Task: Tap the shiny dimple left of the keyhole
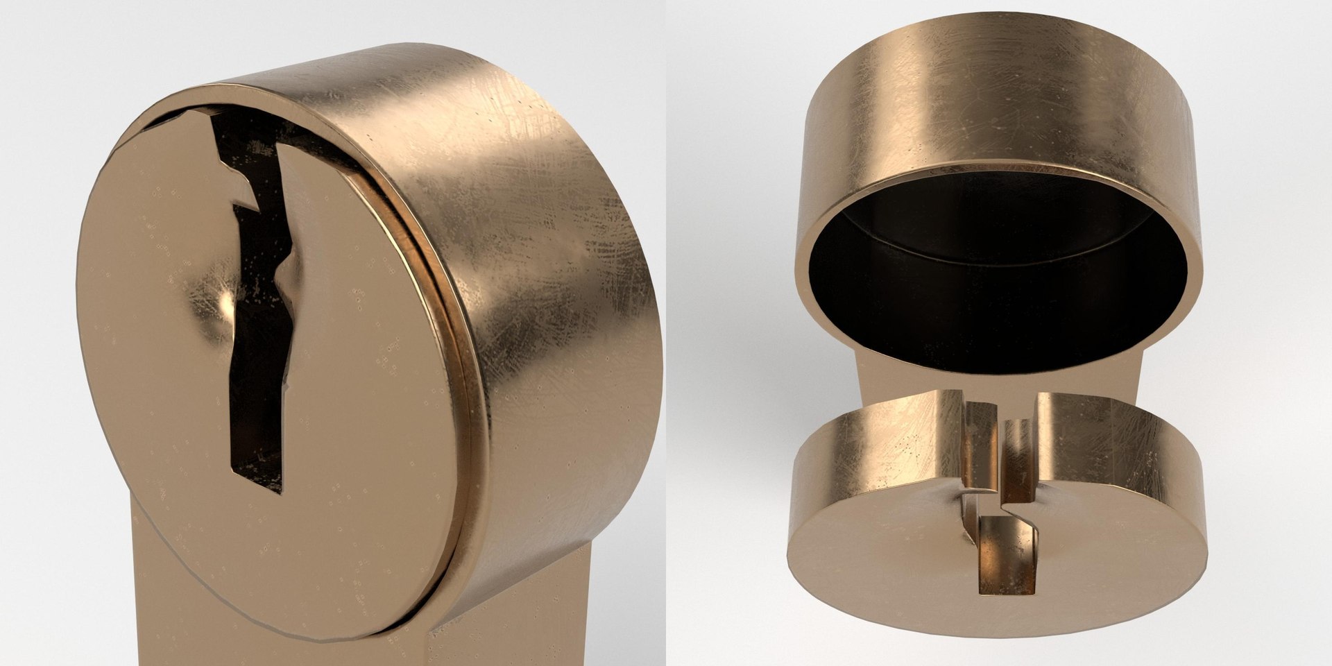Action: pos(221,305)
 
